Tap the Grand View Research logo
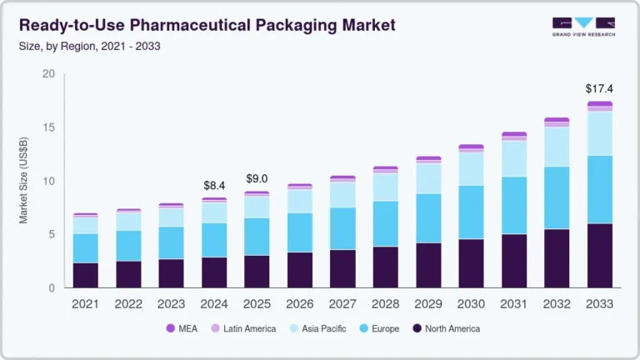(x=584, y=27)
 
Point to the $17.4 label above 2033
(x=599, y=88)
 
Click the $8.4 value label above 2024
(x=214, y=185)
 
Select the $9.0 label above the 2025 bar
(x=257, y=178)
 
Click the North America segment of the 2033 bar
(x=599, y=256)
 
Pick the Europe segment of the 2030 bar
(x=471, y=212)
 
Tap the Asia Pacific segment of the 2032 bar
(x=557, y=147)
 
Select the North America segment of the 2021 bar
(x=85, y=275)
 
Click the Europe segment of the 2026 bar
(x=299, y=232)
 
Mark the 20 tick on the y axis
(x=48, y=74)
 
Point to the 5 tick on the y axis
(x=52, y=234)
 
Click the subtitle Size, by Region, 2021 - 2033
(x=89, y=46)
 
